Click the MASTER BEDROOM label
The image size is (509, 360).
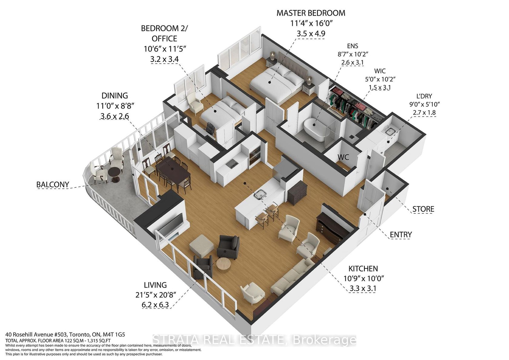(311, 13)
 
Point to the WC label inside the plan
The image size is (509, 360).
(343, 157)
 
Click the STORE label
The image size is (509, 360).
(423, 209)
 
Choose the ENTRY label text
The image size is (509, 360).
(401, 235)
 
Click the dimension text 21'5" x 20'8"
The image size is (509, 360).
(155, 295)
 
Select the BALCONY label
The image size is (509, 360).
(53, 185)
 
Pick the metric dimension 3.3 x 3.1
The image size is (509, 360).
(363, 288)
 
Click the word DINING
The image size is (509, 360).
(115, 96)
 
